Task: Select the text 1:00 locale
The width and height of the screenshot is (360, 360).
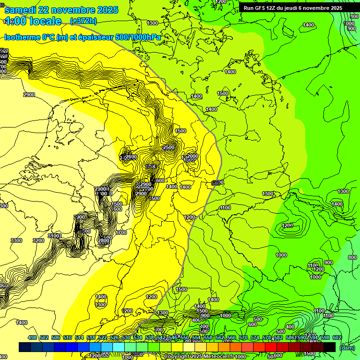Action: (x=33, y=21)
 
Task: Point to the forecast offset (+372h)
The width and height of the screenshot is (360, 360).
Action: (x=83, y=21)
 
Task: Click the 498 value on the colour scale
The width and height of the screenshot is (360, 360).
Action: (x=32, y=337)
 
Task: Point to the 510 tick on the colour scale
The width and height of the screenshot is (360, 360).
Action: (x=67, y=337)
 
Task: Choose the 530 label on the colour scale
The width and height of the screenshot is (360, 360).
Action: (x=126, y=337)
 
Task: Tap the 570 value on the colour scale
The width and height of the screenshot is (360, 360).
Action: (x=243, y=337)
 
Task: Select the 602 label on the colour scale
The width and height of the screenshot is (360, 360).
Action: (x=337, y=337)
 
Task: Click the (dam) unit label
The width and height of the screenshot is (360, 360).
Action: (x=347, y=347)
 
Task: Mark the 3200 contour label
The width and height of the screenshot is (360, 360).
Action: (x=38, y=240)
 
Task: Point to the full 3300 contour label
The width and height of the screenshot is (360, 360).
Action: (x=16, y=240)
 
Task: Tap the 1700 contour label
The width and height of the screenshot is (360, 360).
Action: (x=121, y=232)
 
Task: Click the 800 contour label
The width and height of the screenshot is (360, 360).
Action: (x=352, y=257)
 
